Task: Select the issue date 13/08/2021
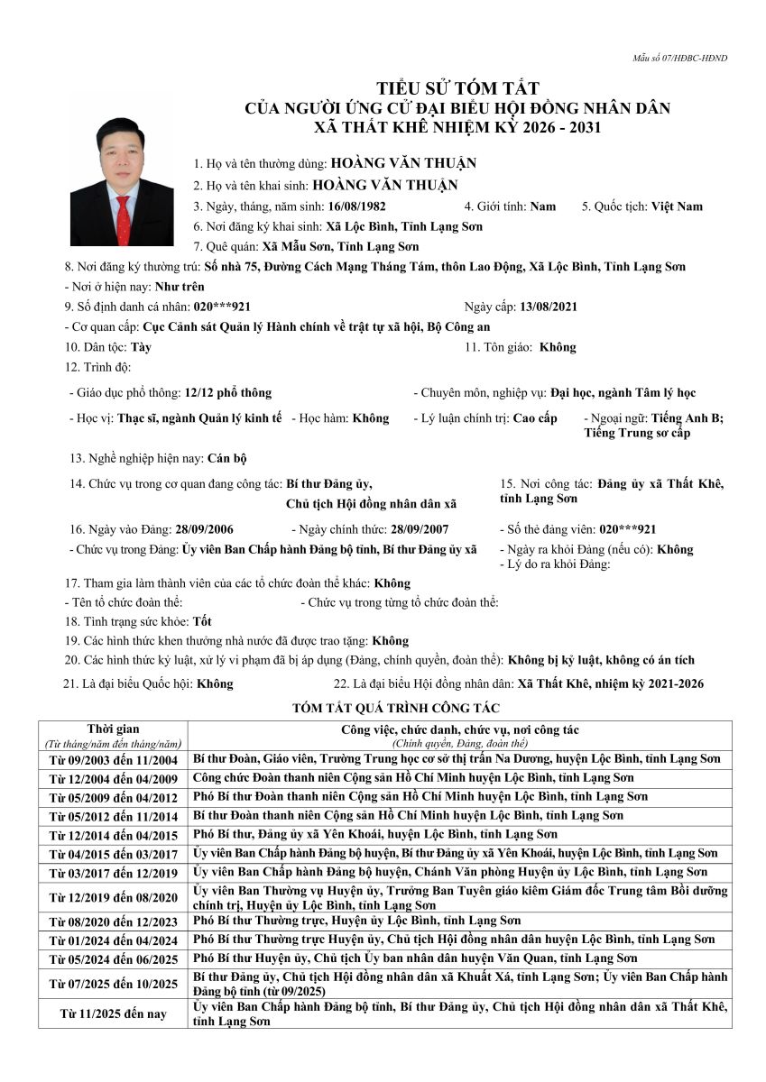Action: point(549,307)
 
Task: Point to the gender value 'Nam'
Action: point(543,206)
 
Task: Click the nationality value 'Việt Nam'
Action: point(677,206)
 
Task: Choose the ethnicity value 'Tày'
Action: point(141,346)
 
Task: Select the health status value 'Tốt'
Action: point(204,622)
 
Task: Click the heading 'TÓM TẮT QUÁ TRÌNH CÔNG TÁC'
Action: point(383,709)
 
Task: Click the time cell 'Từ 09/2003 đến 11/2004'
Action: point(113,760)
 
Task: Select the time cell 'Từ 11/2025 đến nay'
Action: point(113,1014)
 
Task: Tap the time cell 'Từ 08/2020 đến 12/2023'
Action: point(113,922)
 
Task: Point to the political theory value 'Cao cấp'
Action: point(535,418)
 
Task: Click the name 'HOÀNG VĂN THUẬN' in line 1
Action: point(403,164)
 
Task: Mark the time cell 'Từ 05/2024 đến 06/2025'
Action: point(113,958)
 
